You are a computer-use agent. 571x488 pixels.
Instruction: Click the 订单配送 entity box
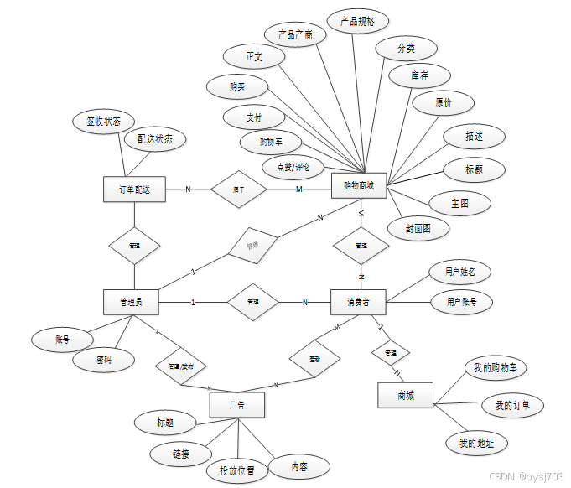pos(133,189)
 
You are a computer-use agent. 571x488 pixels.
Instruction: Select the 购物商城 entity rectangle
pos(359,186)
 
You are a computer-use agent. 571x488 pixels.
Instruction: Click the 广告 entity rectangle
pos(237,405)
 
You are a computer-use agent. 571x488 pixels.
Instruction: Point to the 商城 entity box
pos(406,395)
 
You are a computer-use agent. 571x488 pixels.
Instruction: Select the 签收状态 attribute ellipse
pos(103,122)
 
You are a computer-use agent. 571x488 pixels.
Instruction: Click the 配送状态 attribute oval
pos(155,139)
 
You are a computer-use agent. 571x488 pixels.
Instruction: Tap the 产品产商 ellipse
pos(295,34)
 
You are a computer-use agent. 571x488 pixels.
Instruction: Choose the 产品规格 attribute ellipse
pos(357,22)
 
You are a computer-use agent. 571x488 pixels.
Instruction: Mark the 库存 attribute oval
pos(419,75)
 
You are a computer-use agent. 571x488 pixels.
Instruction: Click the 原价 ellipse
pos(444,103)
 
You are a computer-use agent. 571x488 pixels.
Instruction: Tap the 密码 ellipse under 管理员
pos(103,361)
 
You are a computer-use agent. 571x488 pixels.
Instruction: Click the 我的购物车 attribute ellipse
pos(495,367)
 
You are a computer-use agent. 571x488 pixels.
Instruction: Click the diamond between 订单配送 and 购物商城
pos(239,189)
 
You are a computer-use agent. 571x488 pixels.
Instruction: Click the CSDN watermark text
pos(526,476)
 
